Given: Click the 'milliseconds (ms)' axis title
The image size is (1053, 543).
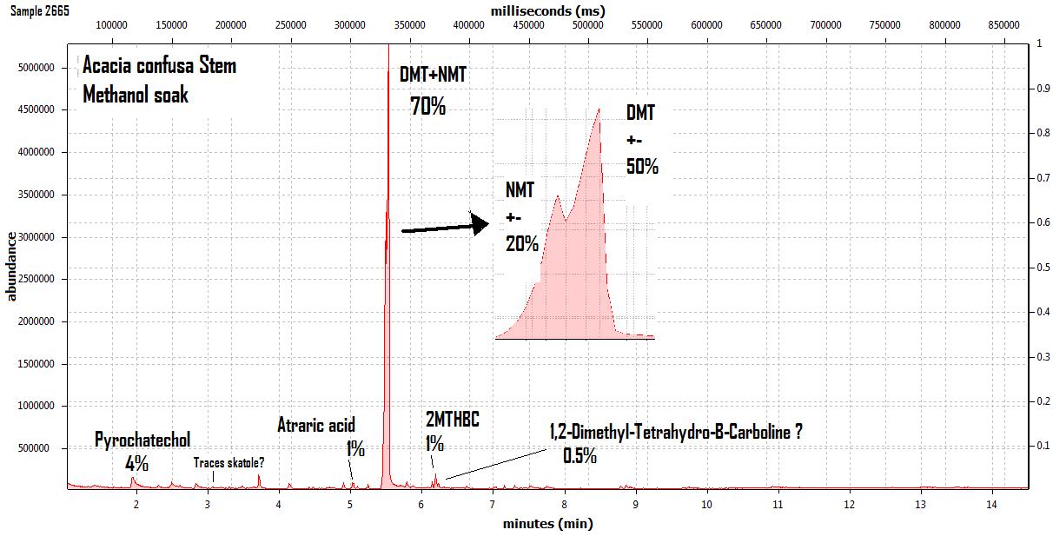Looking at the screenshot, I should coord(547,11).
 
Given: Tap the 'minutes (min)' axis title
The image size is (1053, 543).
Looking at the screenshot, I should coord(547,524).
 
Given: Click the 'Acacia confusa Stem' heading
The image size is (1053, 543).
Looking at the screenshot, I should coord(159,66).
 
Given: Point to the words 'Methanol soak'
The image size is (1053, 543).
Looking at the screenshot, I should coord(136,94).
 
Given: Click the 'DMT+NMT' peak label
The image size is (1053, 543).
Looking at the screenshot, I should coord(433,75).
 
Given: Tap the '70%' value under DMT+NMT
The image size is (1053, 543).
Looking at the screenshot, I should coord(427,108).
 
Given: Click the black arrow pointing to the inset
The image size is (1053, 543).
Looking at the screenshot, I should coord(443,228).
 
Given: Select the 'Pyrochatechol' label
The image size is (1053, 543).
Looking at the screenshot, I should coord(142,440).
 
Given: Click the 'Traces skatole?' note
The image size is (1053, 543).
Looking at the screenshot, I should coord(228,463).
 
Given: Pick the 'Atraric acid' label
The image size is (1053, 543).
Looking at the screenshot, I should coord(316,426).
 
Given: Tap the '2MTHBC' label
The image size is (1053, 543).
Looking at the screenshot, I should coord(452,420).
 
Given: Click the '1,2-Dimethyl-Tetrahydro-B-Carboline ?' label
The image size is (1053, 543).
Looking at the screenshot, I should coord(675,432).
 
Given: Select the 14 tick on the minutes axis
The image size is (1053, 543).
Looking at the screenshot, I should coord(991,504).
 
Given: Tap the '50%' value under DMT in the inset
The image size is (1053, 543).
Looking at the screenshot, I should coord(642,166).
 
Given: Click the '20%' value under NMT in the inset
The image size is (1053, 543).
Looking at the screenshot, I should coord(522,244).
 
